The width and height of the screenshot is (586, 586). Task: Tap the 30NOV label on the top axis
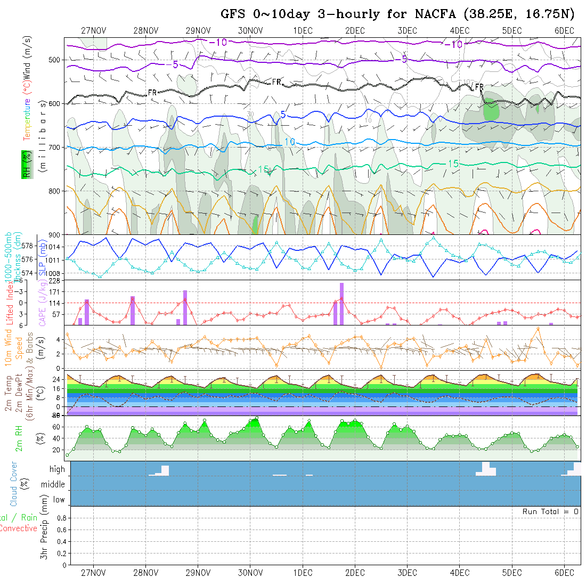click(250, 30)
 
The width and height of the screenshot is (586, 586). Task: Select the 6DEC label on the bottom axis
click(564, 573)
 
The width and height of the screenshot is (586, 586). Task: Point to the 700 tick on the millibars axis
click(55, 147)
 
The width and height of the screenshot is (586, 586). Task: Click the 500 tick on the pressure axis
click(55, 60)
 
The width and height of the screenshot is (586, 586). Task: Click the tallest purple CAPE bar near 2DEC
click(341, 304)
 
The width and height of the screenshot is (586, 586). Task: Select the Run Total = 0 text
click(550, 511)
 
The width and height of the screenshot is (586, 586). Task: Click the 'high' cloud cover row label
click(57, 469)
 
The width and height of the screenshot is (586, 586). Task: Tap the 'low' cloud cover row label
click(59, 500)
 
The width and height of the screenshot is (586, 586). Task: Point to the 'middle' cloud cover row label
click(53, 485)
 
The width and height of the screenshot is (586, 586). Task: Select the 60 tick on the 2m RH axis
click(54, 427)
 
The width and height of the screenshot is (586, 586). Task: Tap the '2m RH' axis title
click(19, 438)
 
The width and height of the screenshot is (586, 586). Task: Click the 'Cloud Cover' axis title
click(14, 484)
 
